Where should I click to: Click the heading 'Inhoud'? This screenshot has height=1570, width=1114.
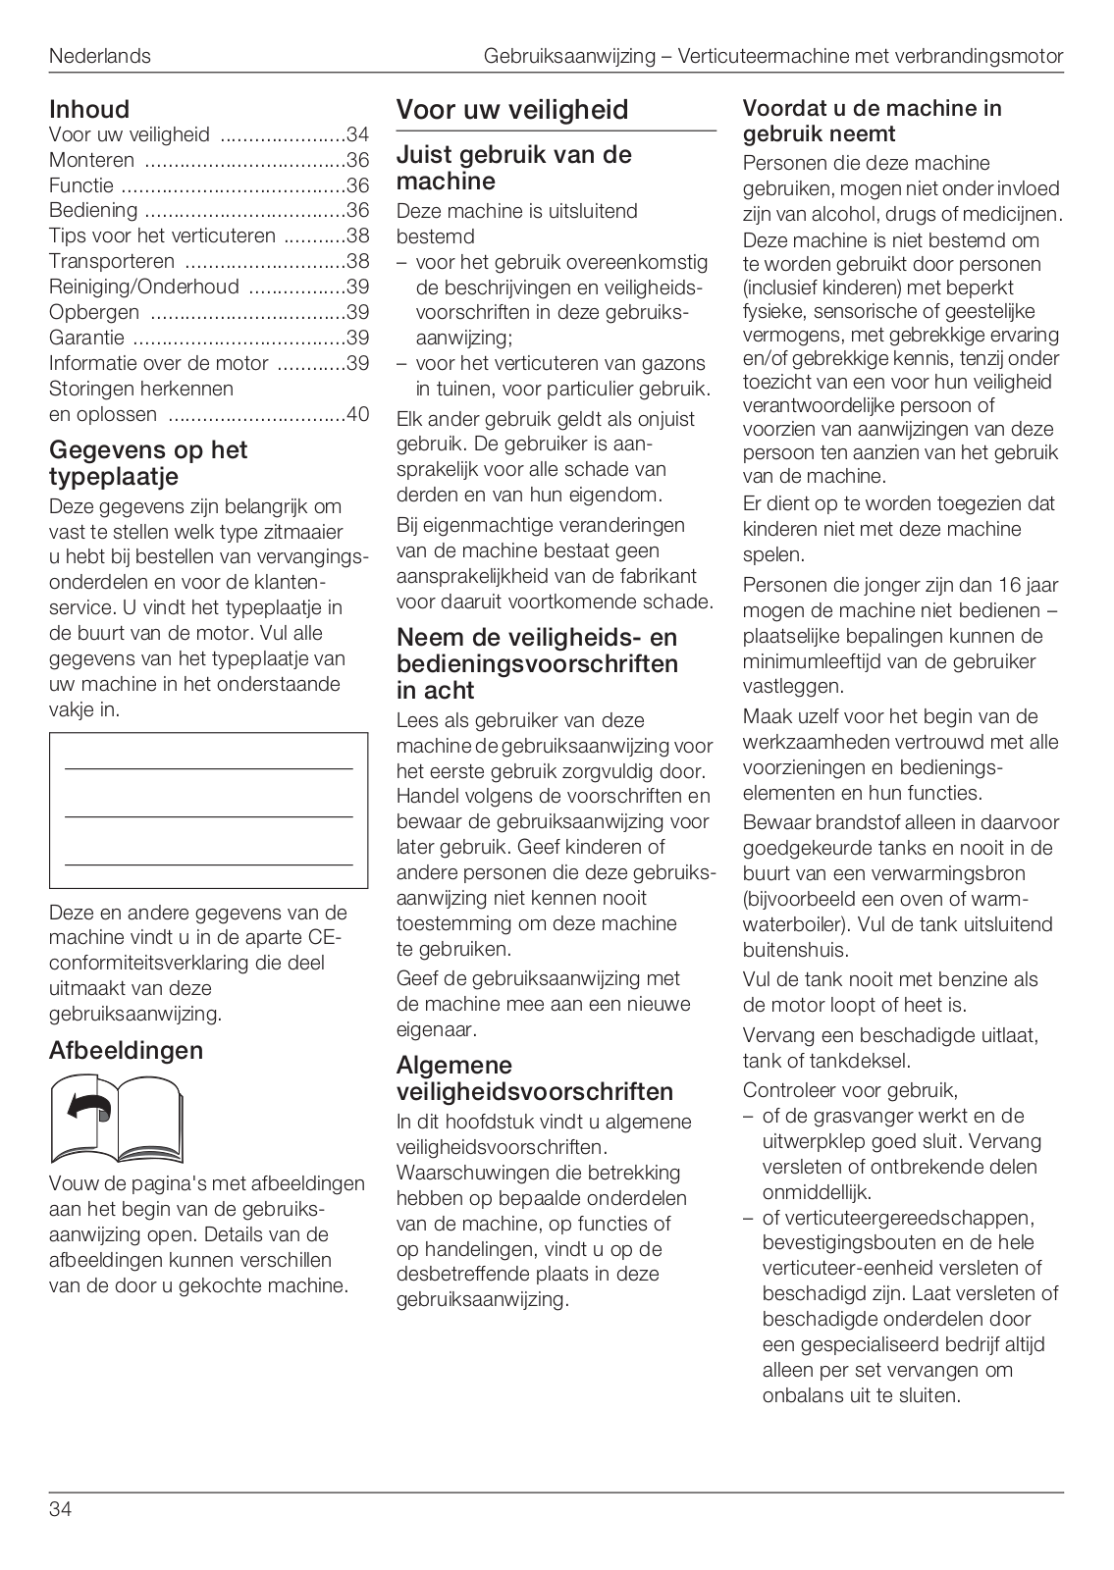pyautogui.click(x=89, y=109)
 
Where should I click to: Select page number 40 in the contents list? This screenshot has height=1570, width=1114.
pyautogui.click(x=357, y=414)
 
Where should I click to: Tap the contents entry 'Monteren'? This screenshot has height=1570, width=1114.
pyautogui.click(x=92, y=160)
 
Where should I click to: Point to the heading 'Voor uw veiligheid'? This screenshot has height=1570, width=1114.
pyautogui.click(x=511, y=110)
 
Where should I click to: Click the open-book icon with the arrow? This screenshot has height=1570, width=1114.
pyautogui.click(x=117, y=1119)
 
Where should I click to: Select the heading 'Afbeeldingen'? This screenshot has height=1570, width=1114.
pyautogui.click(x=126, y=1050)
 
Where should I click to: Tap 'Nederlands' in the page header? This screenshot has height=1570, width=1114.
pyautogui.click(x=100, y=56)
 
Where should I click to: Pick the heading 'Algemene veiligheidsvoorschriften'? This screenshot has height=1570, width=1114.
pyautogui.click(x=534, y=1078)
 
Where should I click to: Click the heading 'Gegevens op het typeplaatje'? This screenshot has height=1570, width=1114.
pyautogui.click(x=147, y=463)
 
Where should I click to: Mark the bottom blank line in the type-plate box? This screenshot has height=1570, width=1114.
pyautogui.click(x=208, y=864)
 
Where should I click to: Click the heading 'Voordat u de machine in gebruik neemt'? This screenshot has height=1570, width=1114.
pyautogui.click(x=872, y=121)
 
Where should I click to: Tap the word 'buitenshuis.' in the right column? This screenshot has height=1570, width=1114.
pyautogui.click(x=795, y=950)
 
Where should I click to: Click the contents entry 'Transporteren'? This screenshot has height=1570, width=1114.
pyautogui.click(x=112, y=262)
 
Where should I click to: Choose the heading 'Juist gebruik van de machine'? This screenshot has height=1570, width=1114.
pyautogui.click(x=513, y=168)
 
